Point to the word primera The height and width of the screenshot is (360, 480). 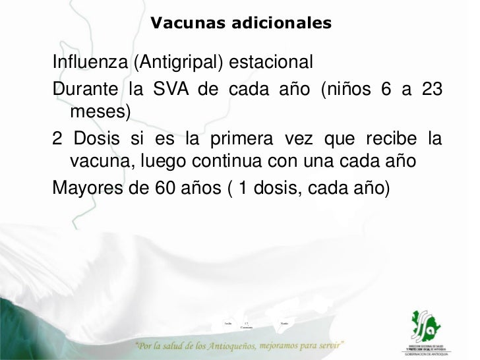[234, 140]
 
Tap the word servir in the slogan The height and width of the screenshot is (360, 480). [324, 345]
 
